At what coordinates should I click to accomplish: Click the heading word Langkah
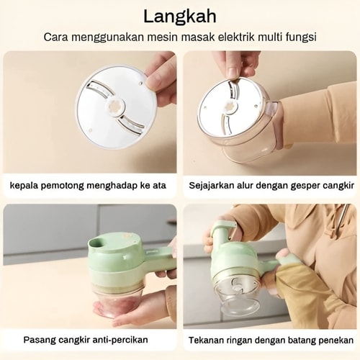(x=180, y=17)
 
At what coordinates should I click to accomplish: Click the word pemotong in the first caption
(x=62, y=186)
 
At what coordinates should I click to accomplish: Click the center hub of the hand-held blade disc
(x=115, y=108)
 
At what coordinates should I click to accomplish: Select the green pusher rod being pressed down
(x=223, y=230)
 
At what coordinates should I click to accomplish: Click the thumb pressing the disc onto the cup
(x=232, y=73)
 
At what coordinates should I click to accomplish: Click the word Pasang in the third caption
(x=39, y=340)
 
